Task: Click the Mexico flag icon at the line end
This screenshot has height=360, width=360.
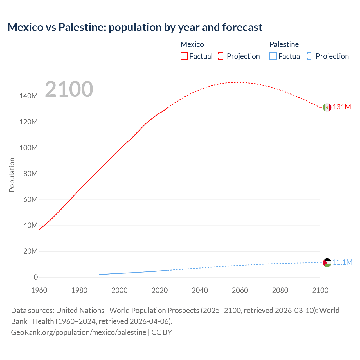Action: pos(327,107)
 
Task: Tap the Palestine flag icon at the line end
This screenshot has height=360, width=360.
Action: pos(327,263)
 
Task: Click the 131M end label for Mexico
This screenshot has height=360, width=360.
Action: pos(342,107)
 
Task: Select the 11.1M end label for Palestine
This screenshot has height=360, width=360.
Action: pos(342,262)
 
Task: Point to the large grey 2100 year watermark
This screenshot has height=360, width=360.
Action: pos(69,89)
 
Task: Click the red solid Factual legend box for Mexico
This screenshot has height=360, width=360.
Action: pos(184,56)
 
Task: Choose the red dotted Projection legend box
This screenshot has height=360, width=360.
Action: pos(222,56)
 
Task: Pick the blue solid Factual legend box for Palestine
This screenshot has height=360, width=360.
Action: pos(273,56)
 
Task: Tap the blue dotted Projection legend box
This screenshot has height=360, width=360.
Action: pos(311,56)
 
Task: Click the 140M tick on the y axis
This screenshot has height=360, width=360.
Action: pos(28,96)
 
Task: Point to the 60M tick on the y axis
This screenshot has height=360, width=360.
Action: pos(30,200)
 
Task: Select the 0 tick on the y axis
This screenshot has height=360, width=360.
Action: pos(36,277)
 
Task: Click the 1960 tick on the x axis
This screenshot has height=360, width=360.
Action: pos(39,290)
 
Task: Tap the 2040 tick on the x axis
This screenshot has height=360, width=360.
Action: pos(200,290)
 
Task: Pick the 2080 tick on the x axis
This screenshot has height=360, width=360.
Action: pos(280,290)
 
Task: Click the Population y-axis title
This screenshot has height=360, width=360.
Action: pos(12,175)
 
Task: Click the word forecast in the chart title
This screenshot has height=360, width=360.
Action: pos(242,27)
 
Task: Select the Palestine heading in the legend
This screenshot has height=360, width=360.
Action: pos(284,44)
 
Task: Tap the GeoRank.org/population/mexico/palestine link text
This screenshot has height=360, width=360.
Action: pos(79,332)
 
